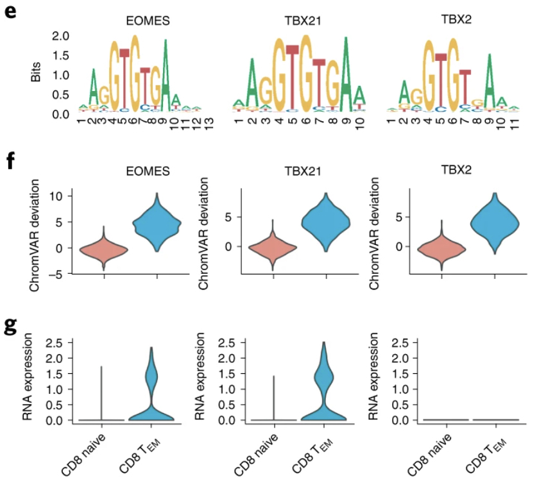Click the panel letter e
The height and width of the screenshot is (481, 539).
pyautogui.click(x=10, y=12)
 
